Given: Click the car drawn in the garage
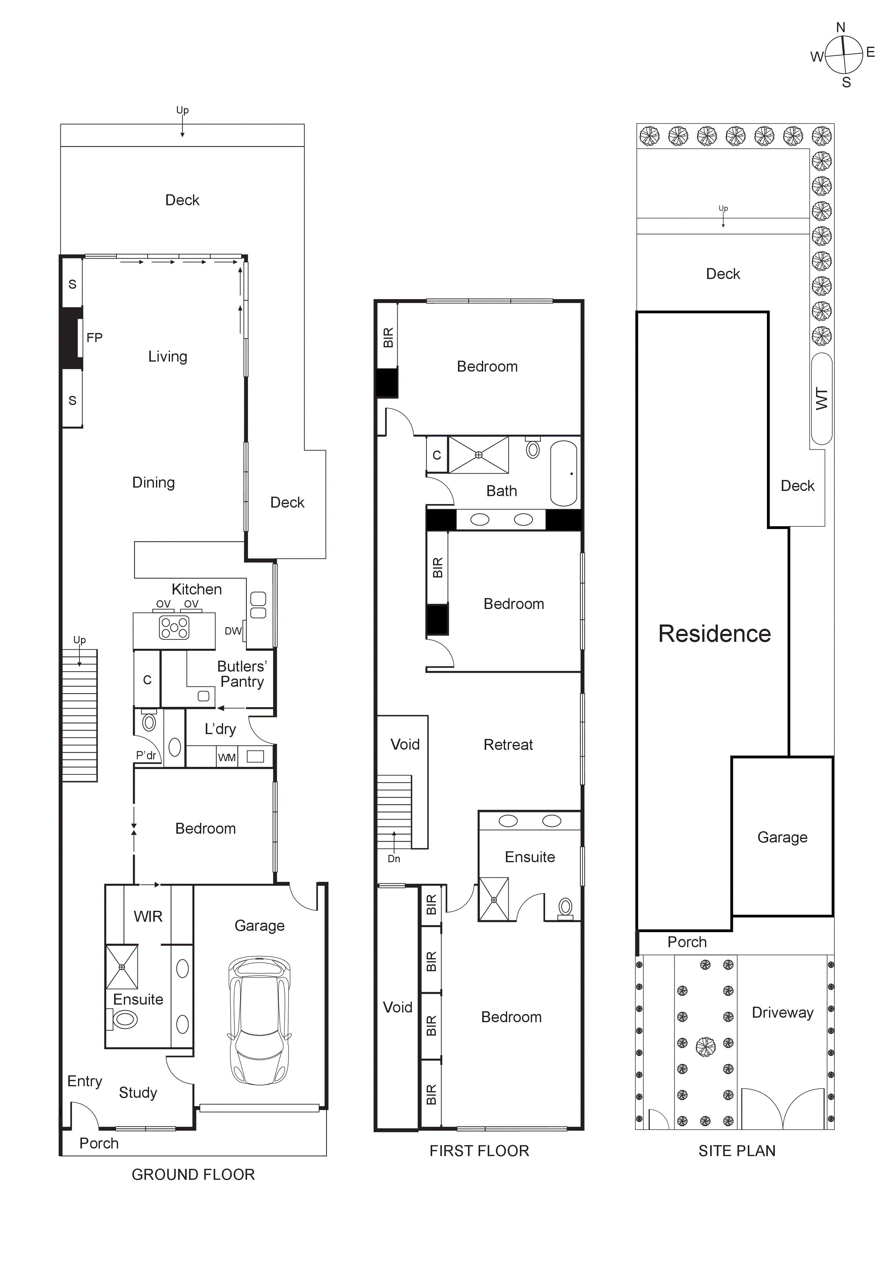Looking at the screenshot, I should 259,1020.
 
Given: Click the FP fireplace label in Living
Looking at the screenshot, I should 94,338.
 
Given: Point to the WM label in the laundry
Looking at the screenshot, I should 226,757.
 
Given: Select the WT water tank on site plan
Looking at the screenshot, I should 821,399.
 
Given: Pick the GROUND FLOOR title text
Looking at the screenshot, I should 193,1175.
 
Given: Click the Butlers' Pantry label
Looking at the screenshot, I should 242,674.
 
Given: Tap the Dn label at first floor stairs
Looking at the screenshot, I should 394,859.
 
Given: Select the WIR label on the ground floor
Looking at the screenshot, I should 148,917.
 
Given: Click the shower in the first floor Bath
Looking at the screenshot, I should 478,455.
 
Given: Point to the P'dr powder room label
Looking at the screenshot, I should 146,755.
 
